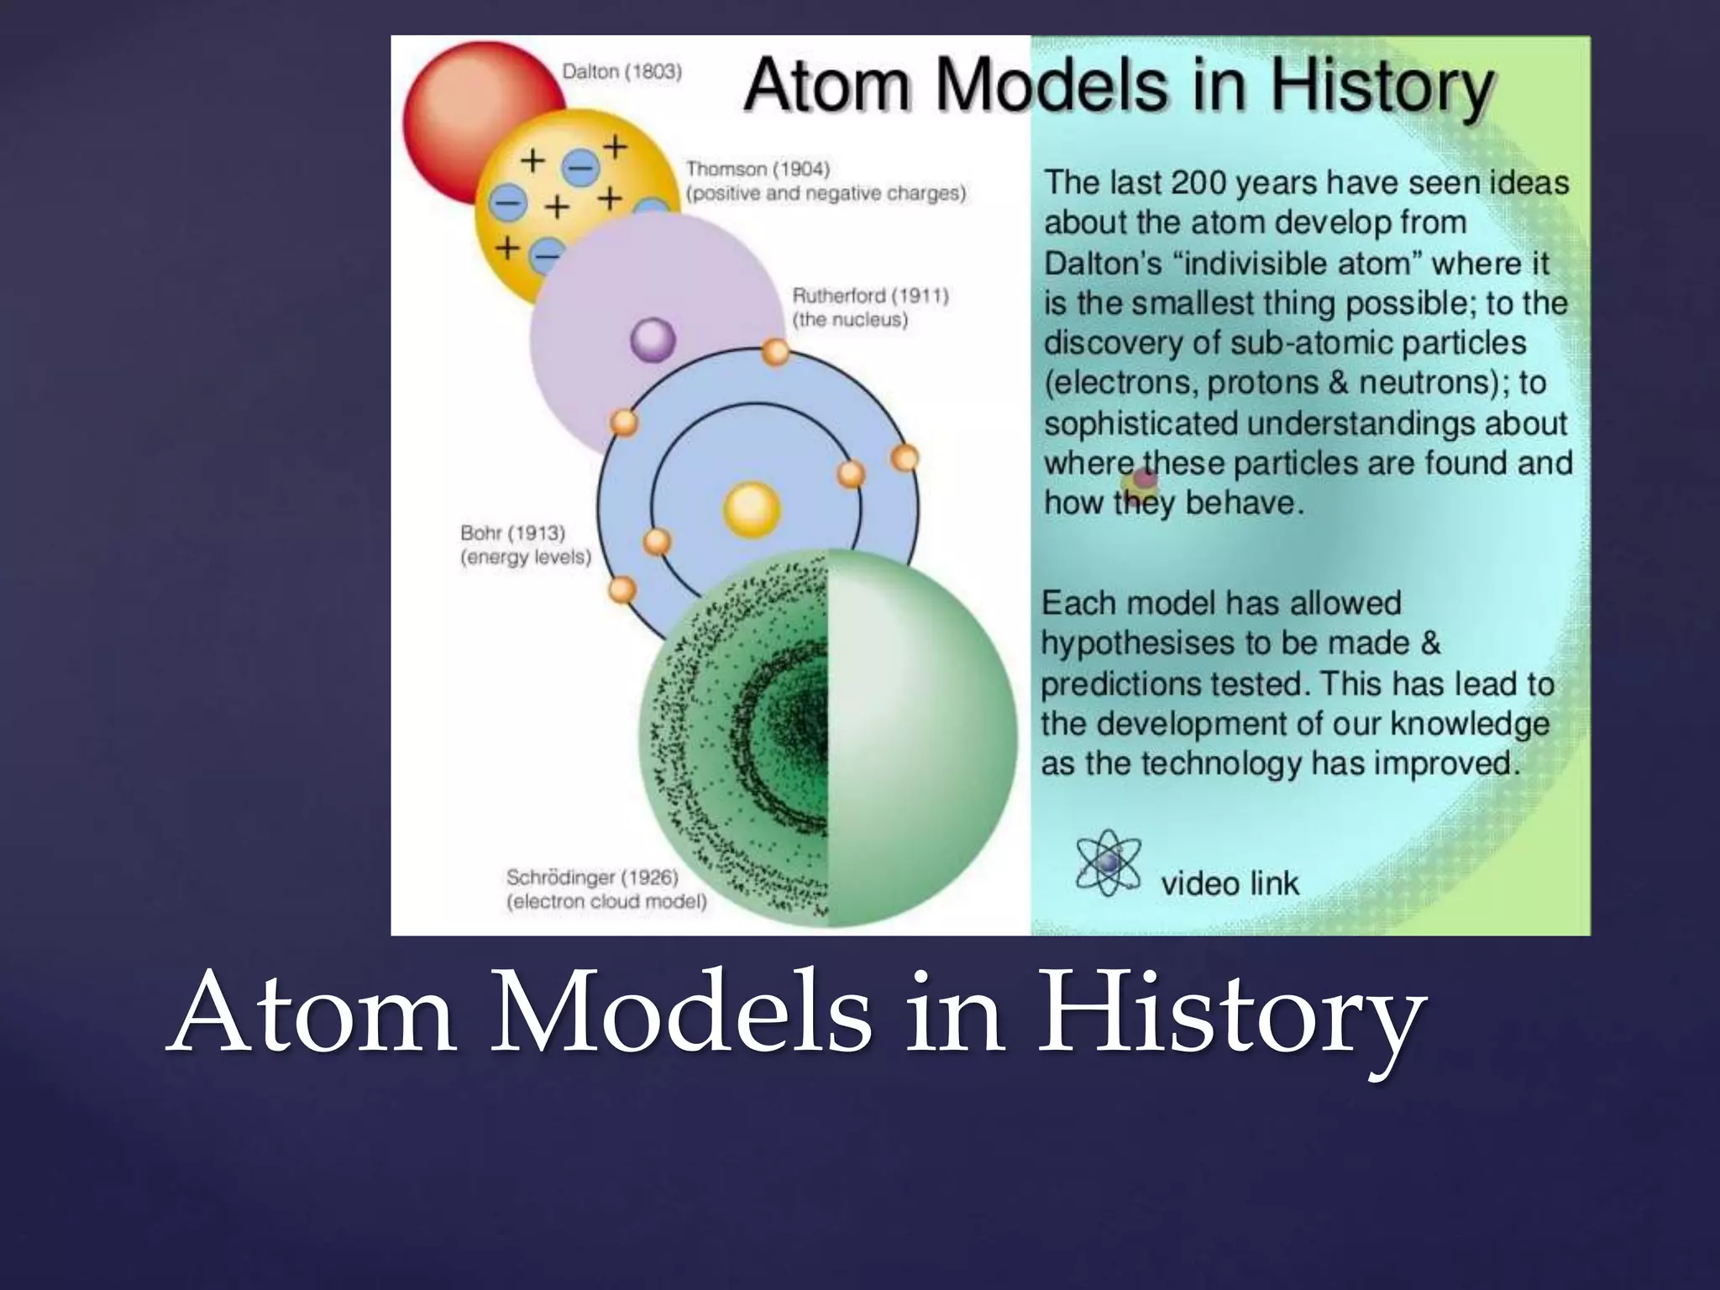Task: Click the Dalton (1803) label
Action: click(621, 72)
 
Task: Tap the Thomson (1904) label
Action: click(758, 169)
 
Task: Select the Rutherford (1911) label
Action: click(870, 296)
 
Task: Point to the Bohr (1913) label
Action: click(512, 533)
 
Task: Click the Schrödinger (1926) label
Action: click(592, 878)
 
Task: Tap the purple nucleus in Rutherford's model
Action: click(653, 340)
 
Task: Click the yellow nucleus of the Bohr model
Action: click(752, 509)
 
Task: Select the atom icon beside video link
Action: click(1109, 863)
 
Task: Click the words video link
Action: click(1230, 884)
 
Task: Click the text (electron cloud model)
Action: click(606, 902)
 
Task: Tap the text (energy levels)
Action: click(526, 558)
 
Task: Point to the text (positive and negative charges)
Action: click(826, 193)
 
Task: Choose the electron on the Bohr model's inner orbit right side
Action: click(851, 474)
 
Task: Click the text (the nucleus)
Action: click(850, 320)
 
